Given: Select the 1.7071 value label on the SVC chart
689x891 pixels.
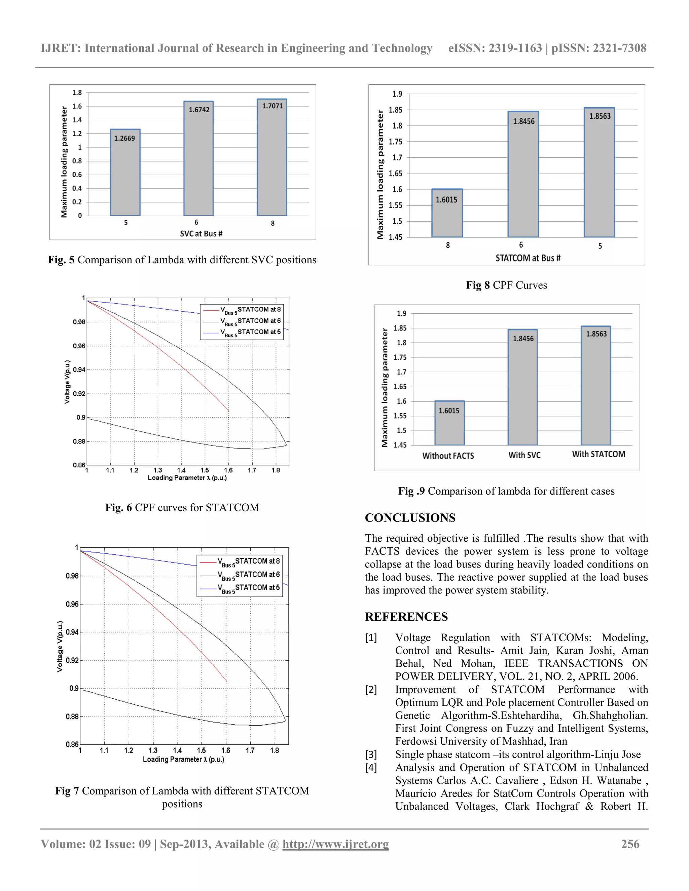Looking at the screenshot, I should pyautogui.click(x=272, y=106).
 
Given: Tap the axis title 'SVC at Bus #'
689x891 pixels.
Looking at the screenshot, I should pyautogui.click(x=201, y=234).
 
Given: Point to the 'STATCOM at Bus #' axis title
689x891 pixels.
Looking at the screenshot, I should pyautogui.click(x=528, y=258).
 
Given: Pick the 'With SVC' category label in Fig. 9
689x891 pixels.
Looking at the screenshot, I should pyautogui.click(x=524, y=455).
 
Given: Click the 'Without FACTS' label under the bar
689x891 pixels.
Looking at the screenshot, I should pyautogui.click(x=448, y=456).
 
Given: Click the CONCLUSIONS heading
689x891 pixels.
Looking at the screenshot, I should pyautogui.click(x=410, y=518).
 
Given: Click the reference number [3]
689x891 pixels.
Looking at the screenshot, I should pyautogui.click(x=371, y=754).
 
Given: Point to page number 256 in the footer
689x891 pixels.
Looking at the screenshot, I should pyautogui.click(x=630, y=844).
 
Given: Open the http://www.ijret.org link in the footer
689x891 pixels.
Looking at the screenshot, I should pyautogui.click(x=335, y=844).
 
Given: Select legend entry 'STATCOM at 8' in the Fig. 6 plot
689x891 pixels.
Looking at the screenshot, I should pyautogui.click(x=259, y=310).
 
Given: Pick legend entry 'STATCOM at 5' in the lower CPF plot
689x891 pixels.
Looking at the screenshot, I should pyautogui.click(x=257, y=587).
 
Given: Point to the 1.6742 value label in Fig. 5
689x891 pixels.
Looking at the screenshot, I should pyautogui.click(x=199, y=110).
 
